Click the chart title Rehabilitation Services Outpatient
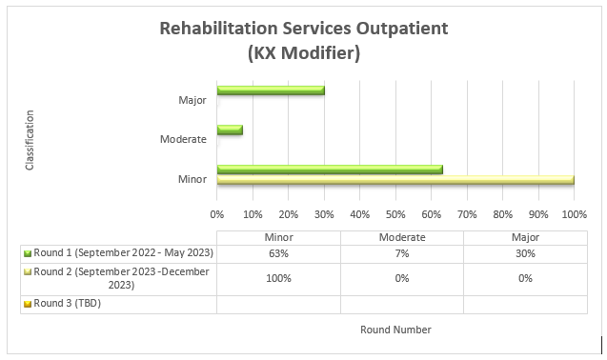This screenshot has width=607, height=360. (x=303, y=28)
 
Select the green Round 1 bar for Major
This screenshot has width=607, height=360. (x=271, y=90)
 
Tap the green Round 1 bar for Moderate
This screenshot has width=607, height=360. (x=230, y=130)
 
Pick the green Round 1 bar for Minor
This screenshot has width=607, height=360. (x=330, y=170)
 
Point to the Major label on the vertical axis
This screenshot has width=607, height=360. (x=192, y=99)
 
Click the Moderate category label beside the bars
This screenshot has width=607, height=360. (x=184, y=139)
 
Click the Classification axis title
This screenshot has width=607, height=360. (x=30, y=139)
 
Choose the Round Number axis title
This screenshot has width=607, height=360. (x=395, y=330)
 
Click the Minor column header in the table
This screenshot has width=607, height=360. (x=278, y=237)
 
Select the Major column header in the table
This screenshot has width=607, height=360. (x=525, y=237)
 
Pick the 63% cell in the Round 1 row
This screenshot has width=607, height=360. (x=278, y=253)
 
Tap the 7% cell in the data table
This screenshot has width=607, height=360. (x=401, y=253)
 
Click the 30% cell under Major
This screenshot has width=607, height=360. (x=525, y=253)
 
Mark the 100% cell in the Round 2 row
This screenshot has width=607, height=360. (x=278, y=278)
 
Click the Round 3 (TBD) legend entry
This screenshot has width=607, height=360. (x=67, y=304)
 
